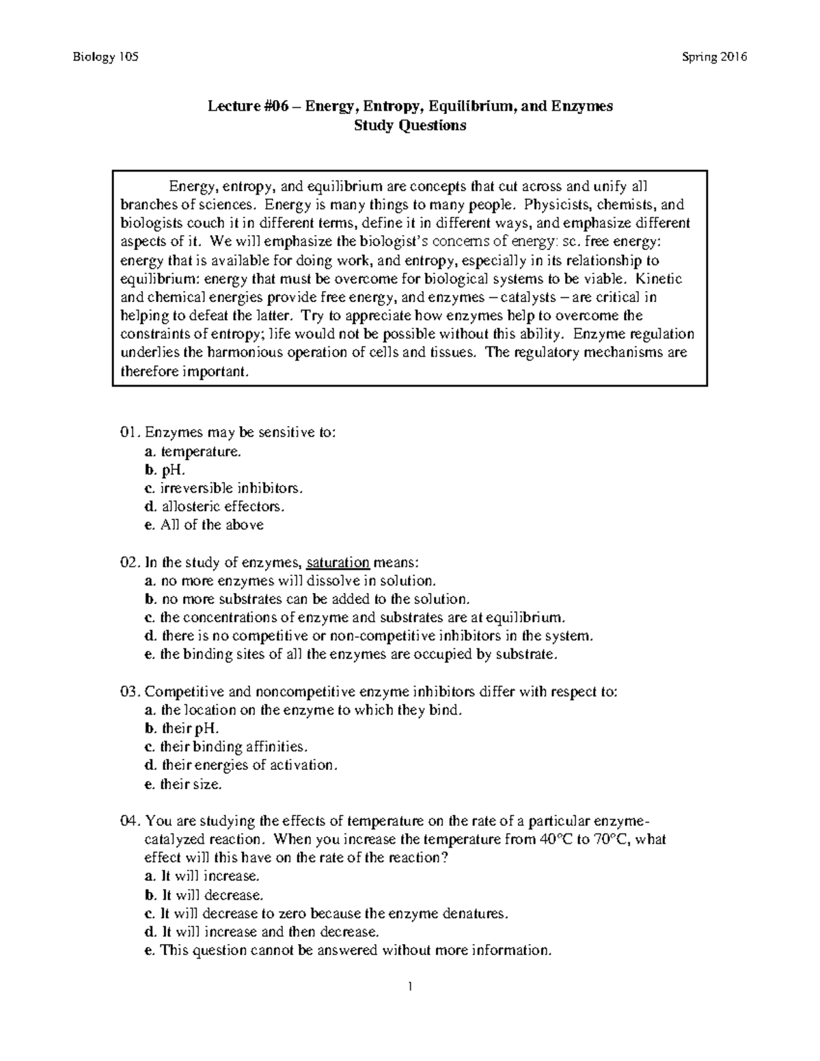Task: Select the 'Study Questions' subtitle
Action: tap(409, 126)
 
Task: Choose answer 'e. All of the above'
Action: tap(204, 525)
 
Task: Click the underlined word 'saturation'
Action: tap(338, 562)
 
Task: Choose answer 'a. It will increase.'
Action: tap(202, 876)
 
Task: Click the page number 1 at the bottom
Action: tap(409, 986)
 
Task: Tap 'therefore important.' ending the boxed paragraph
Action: tap(181, 372)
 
